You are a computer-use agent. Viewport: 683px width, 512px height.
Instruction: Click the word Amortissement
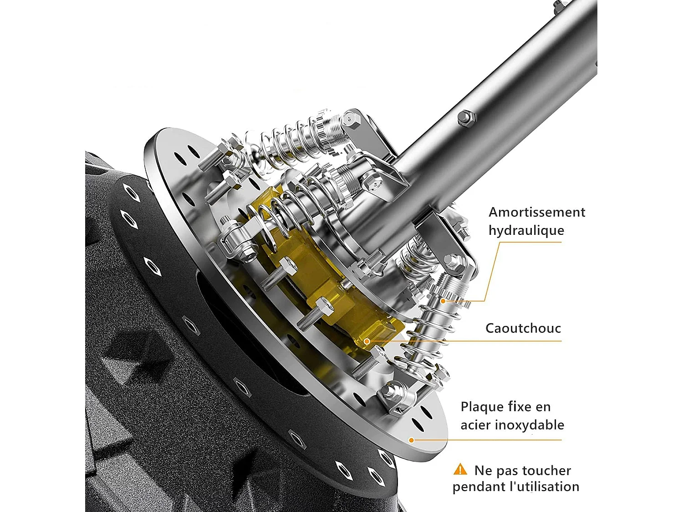point(537,213)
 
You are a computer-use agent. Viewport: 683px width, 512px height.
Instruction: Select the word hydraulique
point(526,230)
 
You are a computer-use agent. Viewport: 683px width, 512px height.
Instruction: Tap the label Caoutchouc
point(523,328)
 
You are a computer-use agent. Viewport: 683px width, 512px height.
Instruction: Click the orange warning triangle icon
point(460,470)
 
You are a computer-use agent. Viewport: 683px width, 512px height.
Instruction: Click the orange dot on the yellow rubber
point(367,342)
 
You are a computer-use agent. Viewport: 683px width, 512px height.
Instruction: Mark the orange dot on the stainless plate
point(411,440)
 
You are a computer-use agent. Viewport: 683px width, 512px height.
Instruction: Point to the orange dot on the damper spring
point(443,301)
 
